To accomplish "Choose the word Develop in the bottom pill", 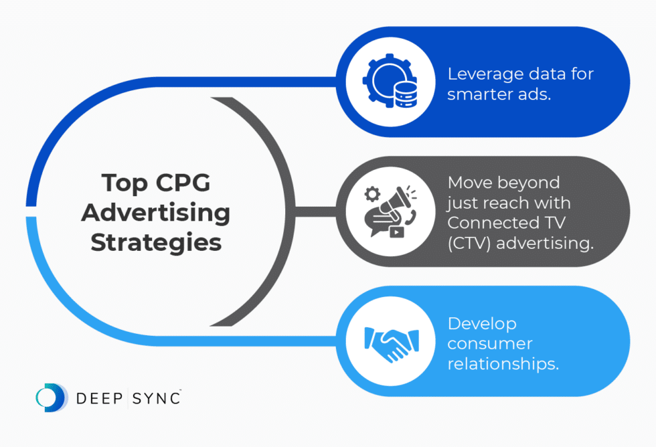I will [x=481, y=324].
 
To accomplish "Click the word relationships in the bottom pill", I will [x=503, y=365].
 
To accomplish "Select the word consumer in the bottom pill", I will [x=489, y=345].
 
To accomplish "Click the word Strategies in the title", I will [x=156, y=242].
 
